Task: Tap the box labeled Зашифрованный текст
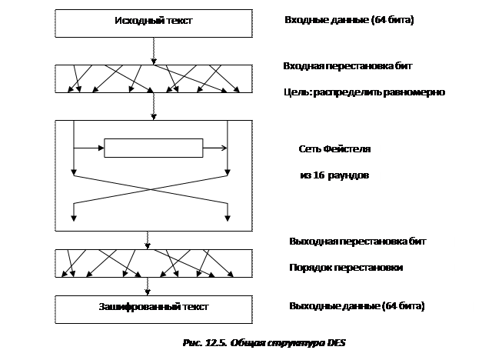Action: (153, 308)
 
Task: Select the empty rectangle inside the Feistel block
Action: (153, 147)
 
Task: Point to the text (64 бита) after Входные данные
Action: (391, 21)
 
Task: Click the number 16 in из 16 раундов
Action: (319, 175)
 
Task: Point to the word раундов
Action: (351, 175)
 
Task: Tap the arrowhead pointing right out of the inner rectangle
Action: (224, 147)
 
